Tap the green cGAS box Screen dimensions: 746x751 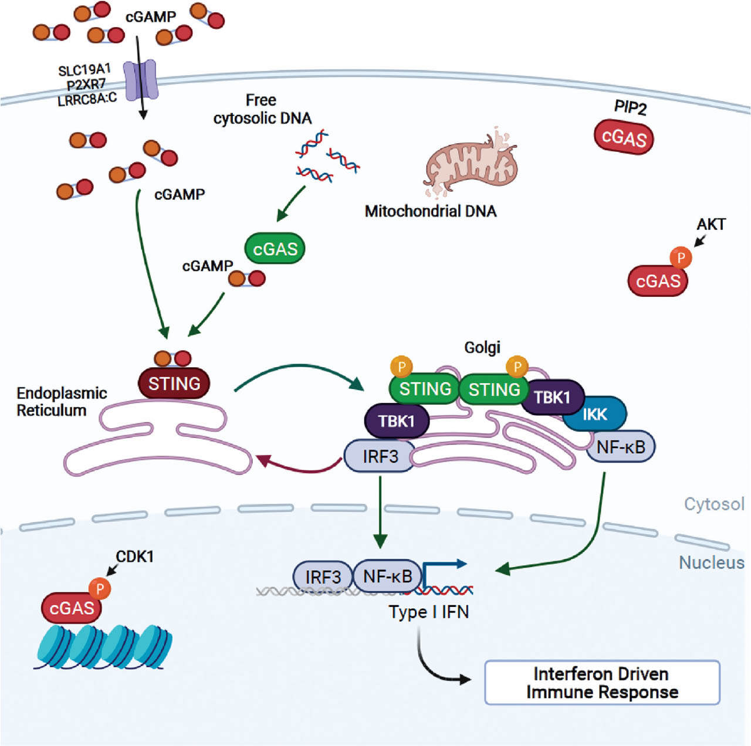coord(275,249)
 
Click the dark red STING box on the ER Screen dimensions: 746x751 coord(174,384)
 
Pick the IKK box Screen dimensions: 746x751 coord(594,414)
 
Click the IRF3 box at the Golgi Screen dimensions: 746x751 coord(380,456)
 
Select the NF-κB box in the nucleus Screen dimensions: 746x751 coord(387,576)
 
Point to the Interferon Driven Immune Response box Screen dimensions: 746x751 coord(602,683)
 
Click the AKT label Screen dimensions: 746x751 coord(711,224)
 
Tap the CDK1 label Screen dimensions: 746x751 coord(135,556)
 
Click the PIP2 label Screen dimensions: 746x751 coord(630,107)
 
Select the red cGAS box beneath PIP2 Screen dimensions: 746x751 coord(624,138)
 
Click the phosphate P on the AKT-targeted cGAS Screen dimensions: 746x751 coord(681,257)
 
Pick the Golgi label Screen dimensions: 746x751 coord(482,347)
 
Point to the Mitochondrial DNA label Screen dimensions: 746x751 coord(431,211)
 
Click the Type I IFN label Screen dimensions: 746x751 coord(429,612)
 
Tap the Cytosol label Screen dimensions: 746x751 coord(714,504)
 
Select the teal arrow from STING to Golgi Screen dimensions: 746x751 coord(299,372)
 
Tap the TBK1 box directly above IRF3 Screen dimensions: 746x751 coord(397,421)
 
